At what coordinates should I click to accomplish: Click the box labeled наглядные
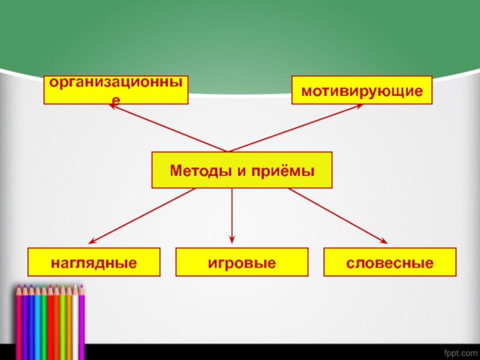coord(94,262)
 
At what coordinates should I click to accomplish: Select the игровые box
coord(242,262)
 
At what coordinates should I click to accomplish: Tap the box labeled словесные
coord(390,262)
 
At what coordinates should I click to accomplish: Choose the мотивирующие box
coord(362,91)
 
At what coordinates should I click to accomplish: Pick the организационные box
coord(116,91)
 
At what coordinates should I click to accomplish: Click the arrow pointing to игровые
coord(233,216)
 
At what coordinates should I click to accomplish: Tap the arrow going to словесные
coord(338,215)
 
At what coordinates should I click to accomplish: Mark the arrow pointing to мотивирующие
coord(294,128)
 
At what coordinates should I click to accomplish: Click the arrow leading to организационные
coord(168,128)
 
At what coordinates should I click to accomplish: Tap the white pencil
coord(75,318)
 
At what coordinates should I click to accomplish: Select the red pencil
coord(56,318)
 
